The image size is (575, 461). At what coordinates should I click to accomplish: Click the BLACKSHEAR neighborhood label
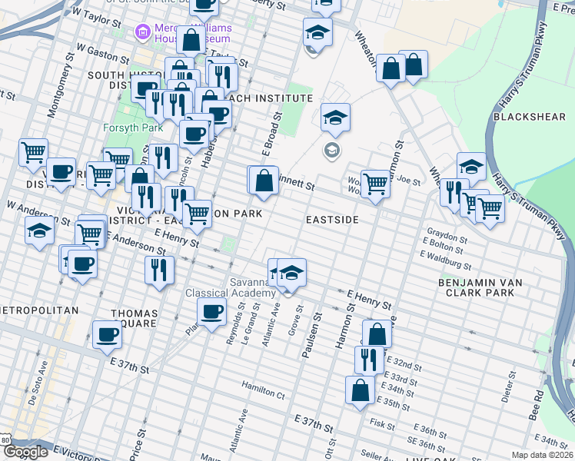click(x=530, y=117)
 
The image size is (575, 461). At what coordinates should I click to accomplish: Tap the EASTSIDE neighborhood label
click(x=332, y=220)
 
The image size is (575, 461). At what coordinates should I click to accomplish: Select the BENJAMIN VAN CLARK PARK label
click(x=480, y=288)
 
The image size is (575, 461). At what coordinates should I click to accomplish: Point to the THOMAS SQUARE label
click(x=135, y=319)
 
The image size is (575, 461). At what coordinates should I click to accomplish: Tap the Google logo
click(x=25, y=452)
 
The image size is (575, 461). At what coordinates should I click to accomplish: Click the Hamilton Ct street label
click(x=263, y=393)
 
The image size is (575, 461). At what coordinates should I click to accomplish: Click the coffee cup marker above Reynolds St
click(x=211, y=311)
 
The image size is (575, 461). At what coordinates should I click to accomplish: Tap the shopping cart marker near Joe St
click(x=374, y=183)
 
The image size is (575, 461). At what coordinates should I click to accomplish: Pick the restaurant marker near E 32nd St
click(x=369, y=359)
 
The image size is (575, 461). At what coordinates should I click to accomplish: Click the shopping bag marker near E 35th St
click(x=360, y=390)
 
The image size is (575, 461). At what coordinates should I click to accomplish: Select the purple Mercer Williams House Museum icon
click(x=142, y=33)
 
